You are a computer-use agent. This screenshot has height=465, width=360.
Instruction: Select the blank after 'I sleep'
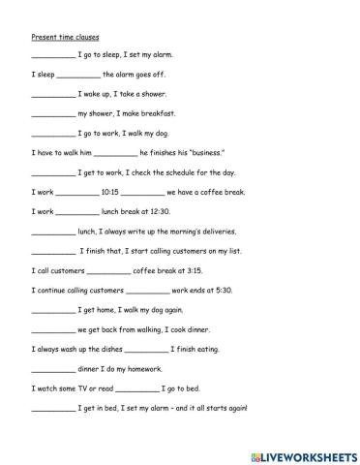tap(78, 75)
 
